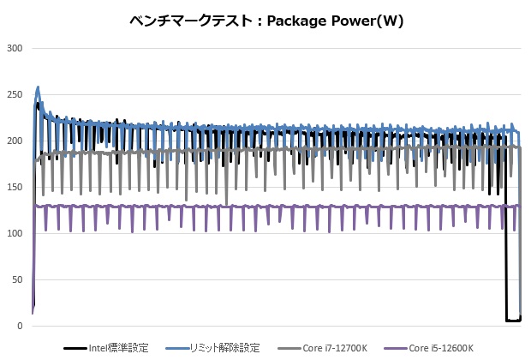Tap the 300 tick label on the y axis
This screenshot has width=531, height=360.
point(14,48)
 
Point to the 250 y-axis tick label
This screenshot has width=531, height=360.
point(14,94)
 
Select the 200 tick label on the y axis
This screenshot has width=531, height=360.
point(14,141)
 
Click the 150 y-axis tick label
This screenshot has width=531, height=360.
point(14,187)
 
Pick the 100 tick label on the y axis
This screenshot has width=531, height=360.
point(14,233)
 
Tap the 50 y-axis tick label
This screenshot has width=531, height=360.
point(16,279)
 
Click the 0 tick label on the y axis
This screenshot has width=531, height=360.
point(19,326)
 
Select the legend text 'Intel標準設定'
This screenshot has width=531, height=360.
point(118,348)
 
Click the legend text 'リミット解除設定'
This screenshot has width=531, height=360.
point(226,348)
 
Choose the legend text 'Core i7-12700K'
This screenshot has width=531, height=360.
point(336,348)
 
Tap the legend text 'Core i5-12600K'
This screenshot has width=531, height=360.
point(441,348)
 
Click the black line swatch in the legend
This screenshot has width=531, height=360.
point(75,349)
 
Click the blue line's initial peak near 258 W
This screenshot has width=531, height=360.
point(39,87)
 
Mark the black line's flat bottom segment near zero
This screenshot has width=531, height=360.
point(513,321)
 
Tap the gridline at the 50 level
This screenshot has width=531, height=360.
point(274,279)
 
